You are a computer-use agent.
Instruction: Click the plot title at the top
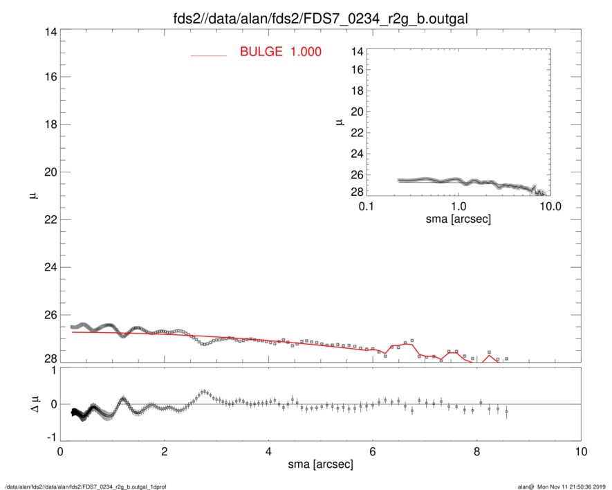click(321, 19)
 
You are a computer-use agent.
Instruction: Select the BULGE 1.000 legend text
click(280, 52)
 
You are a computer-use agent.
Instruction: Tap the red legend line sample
click(208, 55)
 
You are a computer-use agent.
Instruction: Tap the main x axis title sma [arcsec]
click(320, 464)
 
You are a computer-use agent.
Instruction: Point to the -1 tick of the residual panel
click(50, 437)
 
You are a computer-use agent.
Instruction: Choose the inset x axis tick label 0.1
click(367, 207)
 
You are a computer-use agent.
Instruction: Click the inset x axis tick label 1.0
click(458, 207)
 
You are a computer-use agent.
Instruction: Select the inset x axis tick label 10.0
click(549, 207)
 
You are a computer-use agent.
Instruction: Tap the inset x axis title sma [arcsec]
click(458, 220)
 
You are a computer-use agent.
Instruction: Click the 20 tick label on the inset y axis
click(357, 112)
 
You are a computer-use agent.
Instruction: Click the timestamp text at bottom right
click(566, 486)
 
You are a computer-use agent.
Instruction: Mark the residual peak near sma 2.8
click(204, 392)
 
